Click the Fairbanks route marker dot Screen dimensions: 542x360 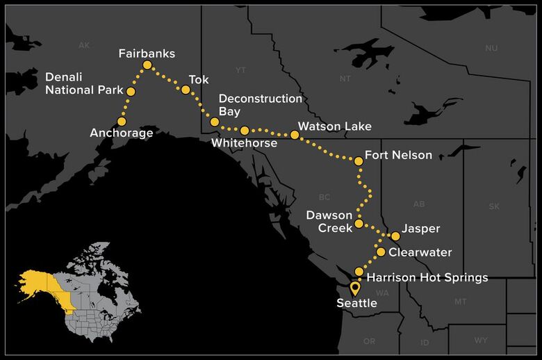[x=147, y=65]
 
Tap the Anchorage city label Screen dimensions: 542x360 [x=121, y=133]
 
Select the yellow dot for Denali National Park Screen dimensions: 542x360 [x=131, y=91]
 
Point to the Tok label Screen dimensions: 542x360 [x=199, y=80]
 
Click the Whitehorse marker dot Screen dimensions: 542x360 [x=245, y=130]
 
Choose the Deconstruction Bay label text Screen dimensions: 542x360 [x=260, y=105]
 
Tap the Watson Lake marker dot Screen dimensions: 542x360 [x=295, y=135]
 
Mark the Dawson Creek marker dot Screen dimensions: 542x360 [x=359, y=224]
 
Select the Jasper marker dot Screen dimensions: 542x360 [x=395, y=236]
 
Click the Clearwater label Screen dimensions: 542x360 [x=420, y=252]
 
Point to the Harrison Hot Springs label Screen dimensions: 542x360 [x=427, y=278]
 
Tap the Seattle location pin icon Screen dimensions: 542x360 [x=355, y=288]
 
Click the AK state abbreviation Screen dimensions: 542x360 [x=84, y=45]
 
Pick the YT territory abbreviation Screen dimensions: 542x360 [x=241, y=70]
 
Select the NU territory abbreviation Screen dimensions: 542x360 [x=491, y=48]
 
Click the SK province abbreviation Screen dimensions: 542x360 [x=494, y=206]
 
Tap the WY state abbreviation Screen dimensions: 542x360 [x=481, y=341]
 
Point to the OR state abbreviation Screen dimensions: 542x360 [x=368, y=341]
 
